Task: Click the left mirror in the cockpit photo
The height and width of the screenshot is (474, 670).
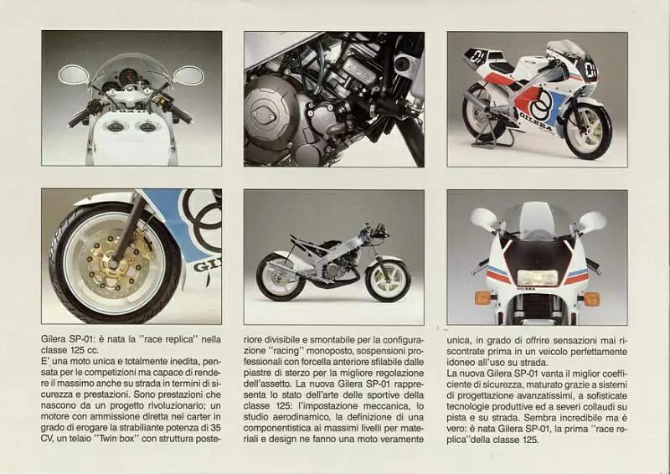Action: (74, 75)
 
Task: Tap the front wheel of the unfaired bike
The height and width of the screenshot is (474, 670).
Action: (388, 279)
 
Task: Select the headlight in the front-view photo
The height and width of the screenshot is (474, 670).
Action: (538, 278)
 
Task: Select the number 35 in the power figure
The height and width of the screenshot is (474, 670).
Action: (216, 427)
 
